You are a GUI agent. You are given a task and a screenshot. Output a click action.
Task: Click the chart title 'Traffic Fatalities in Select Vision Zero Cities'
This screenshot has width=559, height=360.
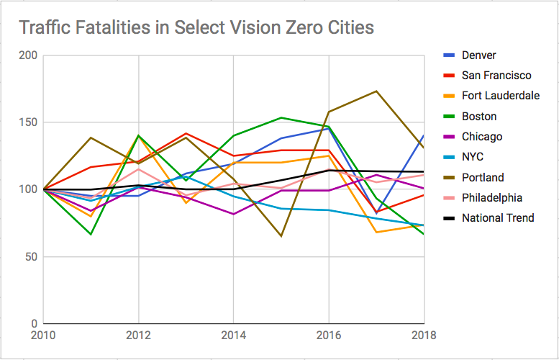tap(196, 28)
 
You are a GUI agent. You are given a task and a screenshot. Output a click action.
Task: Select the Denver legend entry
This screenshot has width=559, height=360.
tap(479, 55)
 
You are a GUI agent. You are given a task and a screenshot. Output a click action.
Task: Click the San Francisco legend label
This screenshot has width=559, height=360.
tap(496, 76)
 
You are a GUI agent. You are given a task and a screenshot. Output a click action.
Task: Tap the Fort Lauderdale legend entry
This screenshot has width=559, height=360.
tap(501, 96)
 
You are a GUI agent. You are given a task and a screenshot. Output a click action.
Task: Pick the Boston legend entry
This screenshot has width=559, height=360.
tap(479, 117)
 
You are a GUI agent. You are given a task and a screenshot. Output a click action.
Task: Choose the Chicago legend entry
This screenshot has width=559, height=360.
tap(482, 137)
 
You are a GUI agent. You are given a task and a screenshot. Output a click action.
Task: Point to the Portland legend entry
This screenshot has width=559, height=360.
tap(483, 177)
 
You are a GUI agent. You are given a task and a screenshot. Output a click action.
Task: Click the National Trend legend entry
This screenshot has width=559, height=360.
tap(498, 217)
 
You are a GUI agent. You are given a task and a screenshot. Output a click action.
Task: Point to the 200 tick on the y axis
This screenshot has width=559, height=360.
tap(27, 55)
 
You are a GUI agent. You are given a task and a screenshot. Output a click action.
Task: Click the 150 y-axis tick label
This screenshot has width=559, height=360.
tap(27, 122)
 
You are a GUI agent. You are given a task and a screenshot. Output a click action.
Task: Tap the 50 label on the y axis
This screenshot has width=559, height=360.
tap(30, 256)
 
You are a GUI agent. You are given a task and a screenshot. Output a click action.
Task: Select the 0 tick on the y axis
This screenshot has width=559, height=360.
tap(33, 323)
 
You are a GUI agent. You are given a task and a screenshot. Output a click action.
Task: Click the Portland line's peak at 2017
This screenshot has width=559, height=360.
tap(376, 91)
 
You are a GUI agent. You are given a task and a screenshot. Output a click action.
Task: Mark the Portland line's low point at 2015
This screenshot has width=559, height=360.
tap(281, 236)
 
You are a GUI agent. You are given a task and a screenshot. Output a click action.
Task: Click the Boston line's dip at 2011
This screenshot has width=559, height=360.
tap(91, 234)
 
